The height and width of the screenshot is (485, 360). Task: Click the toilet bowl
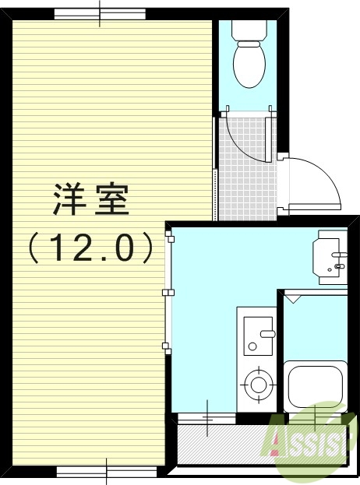[x=250, y=65]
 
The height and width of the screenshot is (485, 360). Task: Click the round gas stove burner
[x=257, y=382]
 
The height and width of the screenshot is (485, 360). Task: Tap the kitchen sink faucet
[x=267, y=335]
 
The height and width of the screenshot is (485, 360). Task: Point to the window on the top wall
[x=100, y=14]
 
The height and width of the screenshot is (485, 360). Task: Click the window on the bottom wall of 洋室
[x=107, y=470]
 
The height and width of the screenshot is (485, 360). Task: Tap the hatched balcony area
[x=222, y=445]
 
